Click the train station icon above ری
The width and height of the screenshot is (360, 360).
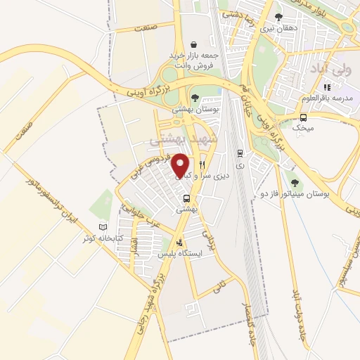(240, 153)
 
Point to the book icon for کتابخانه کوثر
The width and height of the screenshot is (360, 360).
(103, 228)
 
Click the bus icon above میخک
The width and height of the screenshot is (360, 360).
(303, 117)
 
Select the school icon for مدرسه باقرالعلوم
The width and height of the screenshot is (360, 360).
(327, 87)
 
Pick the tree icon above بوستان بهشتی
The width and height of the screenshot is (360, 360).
(195, 98)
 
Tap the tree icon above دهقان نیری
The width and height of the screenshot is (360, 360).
(279, 17)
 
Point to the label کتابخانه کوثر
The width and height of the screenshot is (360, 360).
(103, 238)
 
